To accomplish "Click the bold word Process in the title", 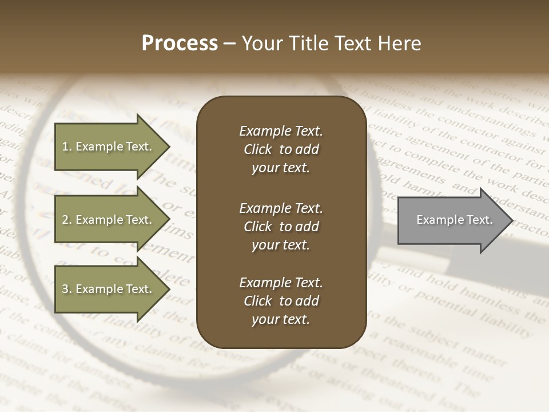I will (180, 43).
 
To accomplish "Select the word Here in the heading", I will (400, 43).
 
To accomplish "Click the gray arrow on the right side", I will (452, 220).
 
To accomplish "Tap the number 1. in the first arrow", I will (66, 146).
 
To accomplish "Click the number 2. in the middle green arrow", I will (67, 220).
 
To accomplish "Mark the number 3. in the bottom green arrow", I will (67, 289).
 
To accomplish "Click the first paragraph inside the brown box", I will (281, 149).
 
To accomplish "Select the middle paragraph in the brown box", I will (281, 226).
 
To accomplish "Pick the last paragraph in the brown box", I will (281, 301).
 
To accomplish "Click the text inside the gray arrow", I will (455, 220).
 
